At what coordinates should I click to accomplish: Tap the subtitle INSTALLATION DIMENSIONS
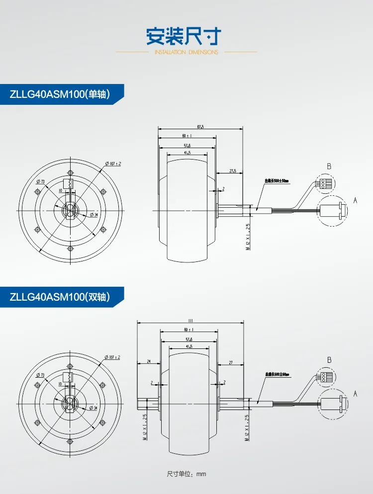(186, 52)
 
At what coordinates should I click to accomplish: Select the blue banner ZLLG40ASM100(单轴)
(59, 94)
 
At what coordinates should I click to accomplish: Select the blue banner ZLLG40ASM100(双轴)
(59, 297)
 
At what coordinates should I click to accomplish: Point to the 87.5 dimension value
(200, 127)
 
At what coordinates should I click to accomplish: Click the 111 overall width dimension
(190, 321)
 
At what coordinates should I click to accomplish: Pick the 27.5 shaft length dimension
(232, 170)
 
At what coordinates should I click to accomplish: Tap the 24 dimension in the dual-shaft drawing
(149, 362)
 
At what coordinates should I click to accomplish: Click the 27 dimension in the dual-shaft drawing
(230, 362)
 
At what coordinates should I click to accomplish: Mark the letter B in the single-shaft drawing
(329, 166)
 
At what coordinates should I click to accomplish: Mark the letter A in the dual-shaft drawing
(355, 393)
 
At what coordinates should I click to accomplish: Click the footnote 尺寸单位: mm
(186, 474)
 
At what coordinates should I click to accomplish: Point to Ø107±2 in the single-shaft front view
(113, 163)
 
